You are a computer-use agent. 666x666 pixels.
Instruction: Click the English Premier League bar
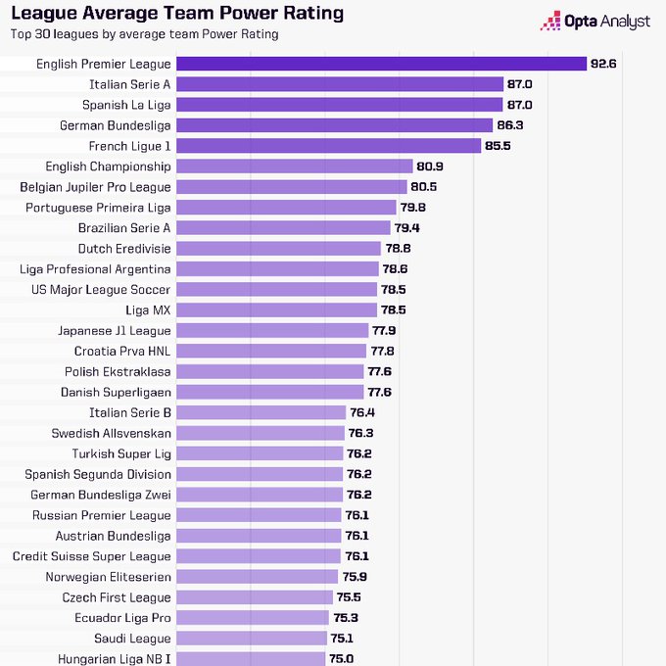pos(381,64)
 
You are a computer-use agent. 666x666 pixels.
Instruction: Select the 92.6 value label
pos(603,64)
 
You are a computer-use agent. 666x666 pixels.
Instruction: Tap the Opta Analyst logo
pos(595,21)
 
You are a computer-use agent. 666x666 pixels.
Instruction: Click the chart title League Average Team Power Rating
pos(177,13)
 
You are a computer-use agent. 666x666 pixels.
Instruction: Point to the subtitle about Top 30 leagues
pos(144,34)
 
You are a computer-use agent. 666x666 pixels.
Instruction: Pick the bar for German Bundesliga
pos(334,125)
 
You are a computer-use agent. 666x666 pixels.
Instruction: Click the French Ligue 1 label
pos(129,146)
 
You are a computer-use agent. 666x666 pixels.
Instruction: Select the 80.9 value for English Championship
pos(429,166)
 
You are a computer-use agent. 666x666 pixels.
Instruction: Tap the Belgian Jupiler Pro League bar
pos(292,187)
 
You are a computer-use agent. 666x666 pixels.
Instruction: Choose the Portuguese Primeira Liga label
pos(98,208)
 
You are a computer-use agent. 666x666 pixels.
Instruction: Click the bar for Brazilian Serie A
pos(283,228)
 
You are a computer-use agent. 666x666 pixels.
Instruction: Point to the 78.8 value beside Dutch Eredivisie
pos(398,249)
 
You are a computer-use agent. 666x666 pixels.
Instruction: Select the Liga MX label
pos(148,310)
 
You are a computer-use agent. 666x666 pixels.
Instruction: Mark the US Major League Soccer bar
pos(276,290)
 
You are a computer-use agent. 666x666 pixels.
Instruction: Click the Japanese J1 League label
pos(115,331)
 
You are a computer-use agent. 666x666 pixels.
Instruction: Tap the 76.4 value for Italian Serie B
pos(362,412)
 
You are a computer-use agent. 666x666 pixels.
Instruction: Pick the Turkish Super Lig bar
pos(260,453)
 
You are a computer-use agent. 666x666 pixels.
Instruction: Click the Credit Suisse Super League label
pos(92,556)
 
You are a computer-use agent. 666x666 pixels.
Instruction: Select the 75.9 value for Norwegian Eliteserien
pos(355,577)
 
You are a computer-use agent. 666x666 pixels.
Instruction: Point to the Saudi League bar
pos(252,639)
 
